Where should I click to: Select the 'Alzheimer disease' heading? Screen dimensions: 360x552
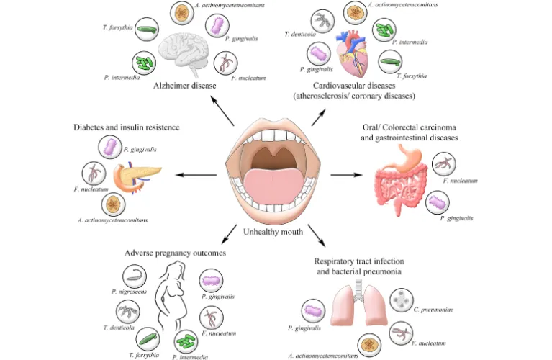(186, 87)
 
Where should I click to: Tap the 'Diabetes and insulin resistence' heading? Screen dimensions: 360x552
(126, 127)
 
